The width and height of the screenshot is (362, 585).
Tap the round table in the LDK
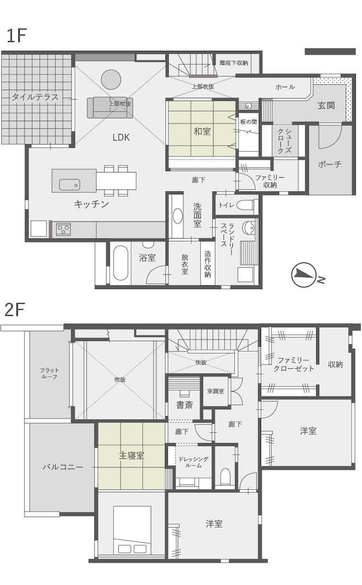click(111, 79)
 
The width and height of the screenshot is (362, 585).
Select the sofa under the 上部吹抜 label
click(107, 107)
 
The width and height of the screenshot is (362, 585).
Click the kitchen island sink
click(69, 185)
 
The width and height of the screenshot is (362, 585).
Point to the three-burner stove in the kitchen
click(64, 229)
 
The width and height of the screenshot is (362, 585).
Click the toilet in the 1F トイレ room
click(245, 205)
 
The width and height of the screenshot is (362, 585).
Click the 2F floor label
click(15, 310)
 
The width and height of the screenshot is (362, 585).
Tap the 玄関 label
click(327, 106)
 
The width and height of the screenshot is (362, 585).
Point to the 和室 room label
click(202, 131)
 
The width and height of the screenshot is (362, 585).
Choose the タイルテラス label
click(35, 97)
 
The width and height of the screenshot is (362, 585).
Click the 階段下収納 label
click(234, 63)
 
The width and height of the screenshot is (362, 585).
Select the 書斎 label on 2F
click(185, 405)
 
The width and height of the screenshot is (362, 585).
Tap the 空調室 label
click(215, 391)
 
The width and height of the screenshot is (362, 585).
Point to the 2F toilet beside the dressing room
click(225, 476)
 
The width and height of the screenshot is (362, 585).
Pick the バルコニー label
click(63, 467)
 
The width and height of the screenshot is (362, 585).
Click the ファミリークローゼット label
click(293, 364)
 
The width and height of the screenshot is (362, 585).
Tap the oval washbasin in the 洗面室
click(178, 216)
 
